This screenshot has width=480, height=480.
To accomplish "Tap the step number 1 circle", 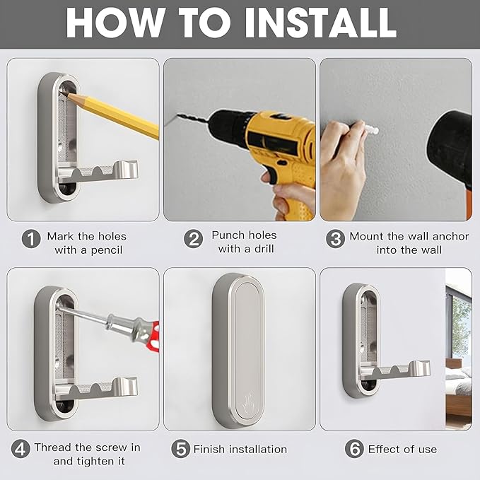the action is pos(31,239).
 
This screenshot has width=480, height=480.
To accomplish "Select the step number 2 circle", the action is pos(193,239).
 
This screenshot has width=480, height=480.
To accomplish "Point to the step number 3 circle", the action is pos(335,239).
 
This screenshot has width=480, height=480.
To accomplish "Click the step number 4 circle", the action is pos(21,449).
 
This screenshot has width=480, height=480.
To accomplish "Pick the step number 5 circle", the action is pos(180,449).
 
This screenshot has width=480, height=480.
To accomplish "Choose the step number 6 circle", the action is pos(354,449).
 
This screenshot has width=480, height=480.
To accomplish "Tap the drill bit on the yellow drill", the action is pos(187,119).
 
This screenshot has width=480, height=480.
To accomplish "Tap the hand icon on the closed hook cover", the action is pos(248,405).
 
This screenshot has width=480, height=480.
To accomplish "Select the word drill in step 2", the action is pos(264,249).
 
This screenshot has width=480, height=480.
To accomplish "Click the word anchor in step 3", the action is pos(450,236).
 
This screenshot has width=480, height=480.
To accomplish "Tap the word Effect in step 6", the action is pos(382,450).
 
